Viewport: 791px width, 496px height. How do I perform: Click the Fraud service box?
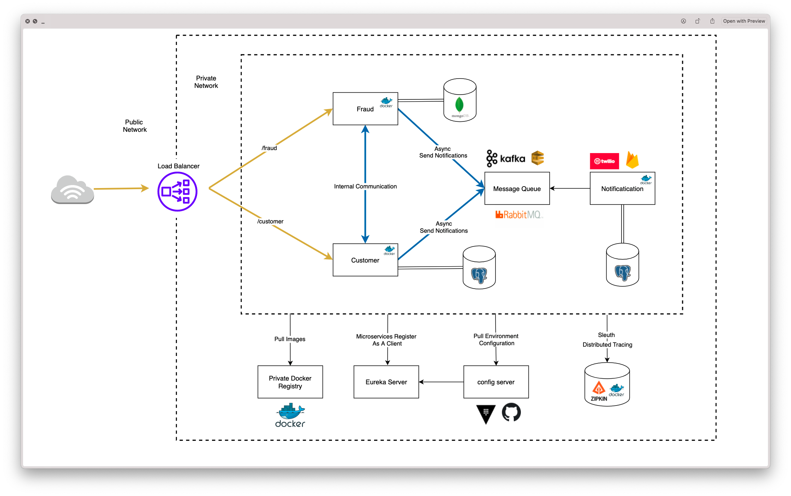click(x=365, y=109)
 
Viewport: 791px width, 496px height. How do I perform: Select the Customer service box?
click(x=365, y=260)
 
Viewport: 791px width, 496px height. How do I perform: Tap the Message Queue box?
click(x=517, y=188)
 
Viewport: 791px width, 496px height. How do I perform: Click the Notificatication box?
click(x=622, y=189)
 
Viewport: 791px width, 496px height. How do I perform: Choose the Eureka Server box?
click(x=386, y=382)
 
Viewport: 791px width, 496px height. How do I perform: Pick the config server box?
click(x=496, y=382)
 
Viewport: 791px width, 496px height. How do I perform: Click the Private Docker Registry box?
click(x=290, y=382)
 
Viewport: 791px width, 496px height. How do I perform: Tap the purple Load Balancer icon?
click(x=177, y=192)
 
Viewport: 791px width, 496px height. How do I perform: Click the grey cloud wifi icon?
click(x=73, y=190)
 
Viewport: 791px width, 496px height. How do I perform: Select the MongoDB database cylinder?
click(x=460, y=100)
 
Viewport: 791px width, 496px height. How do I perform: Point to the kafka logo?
click(x=506, y=159)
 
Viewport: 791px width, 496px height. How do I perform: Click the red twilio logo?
click(x=604, y=161)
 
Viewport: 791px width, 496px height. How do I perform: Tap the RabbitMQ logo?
click(x=519, y=214)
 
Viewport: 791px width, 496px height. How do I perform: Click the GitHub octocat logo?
click(x=511, y=412)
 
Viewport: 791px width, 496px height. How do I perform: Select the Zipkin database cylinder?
click(x=607, y=385)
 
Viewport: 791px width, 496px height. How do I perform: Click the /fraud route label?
click(x=269, y=148)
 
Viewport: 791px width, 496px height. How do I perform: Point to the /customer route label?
click(x=270, y=222)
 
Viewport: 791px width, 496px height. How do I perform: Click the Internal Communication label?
click(x=365, y=186)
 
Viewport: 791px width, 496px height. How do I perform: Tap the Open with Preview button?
click(x=744, y=21)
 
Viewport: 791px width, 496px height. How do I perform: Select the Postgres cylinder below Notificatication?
click(x=622, y=265)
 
